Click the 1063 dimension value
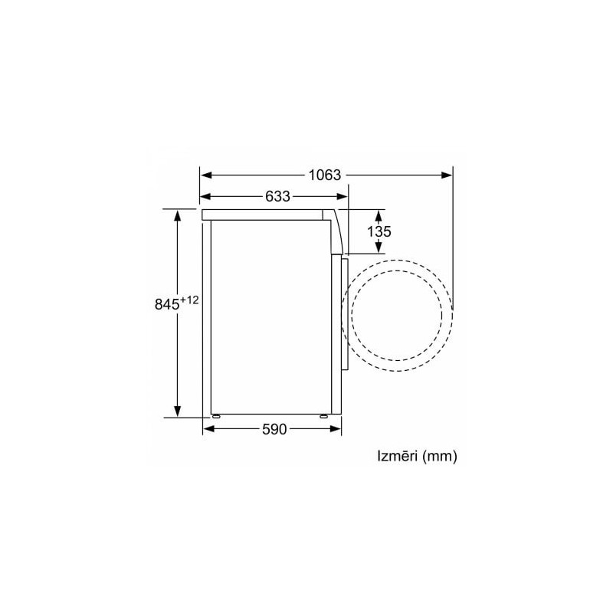(x=324, y=175)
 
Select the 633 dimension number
(x=277, y=196)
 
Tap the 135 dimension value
(x=379, y=231)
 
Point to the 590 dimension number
(x=274, y=429)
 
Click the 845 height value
(x=167, y=304)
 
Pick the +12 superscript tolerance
(x=189, y=300)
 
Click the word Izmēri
(x=398, y=456)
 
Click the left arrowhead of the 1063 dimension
(x=206, y=175)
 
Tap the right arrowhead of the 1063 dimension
(x=447, y=175)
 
